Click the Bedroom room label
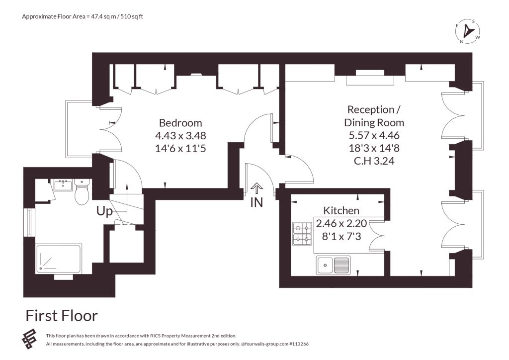click(x=180, y=123)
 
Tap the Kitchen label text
click(x=341, y=211)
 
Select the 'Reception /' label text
click(x=374, y=110)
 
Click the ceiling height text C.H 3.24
click(x=374, y=161)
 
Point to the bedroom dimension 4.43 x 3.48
click(x=180, y=136)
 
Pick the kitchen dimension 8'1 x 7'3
click(x=341, y=236)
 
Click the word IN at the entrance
click(x=256, y=202)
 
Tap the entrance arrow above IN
click(x=257, y=188)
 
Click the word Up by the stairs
click(x=104, y=212)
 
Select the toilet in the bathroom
click(x=81, y=191)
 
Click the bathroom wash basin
click(x=63, y=185)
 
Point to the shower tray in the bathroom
click(x=59, y=259)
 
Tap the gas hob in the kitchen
click(x=303, y=234)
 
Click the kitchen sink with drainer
click(x=334, y=265)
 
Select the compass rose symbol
click(x=468, y=31)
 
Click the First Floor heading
click(x=62, y=316)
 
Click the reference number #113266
click(x=299, y=344)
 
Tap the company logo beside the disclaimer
click(x=29, y=339)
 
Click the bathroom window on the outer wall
click(x=29, y=222)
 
